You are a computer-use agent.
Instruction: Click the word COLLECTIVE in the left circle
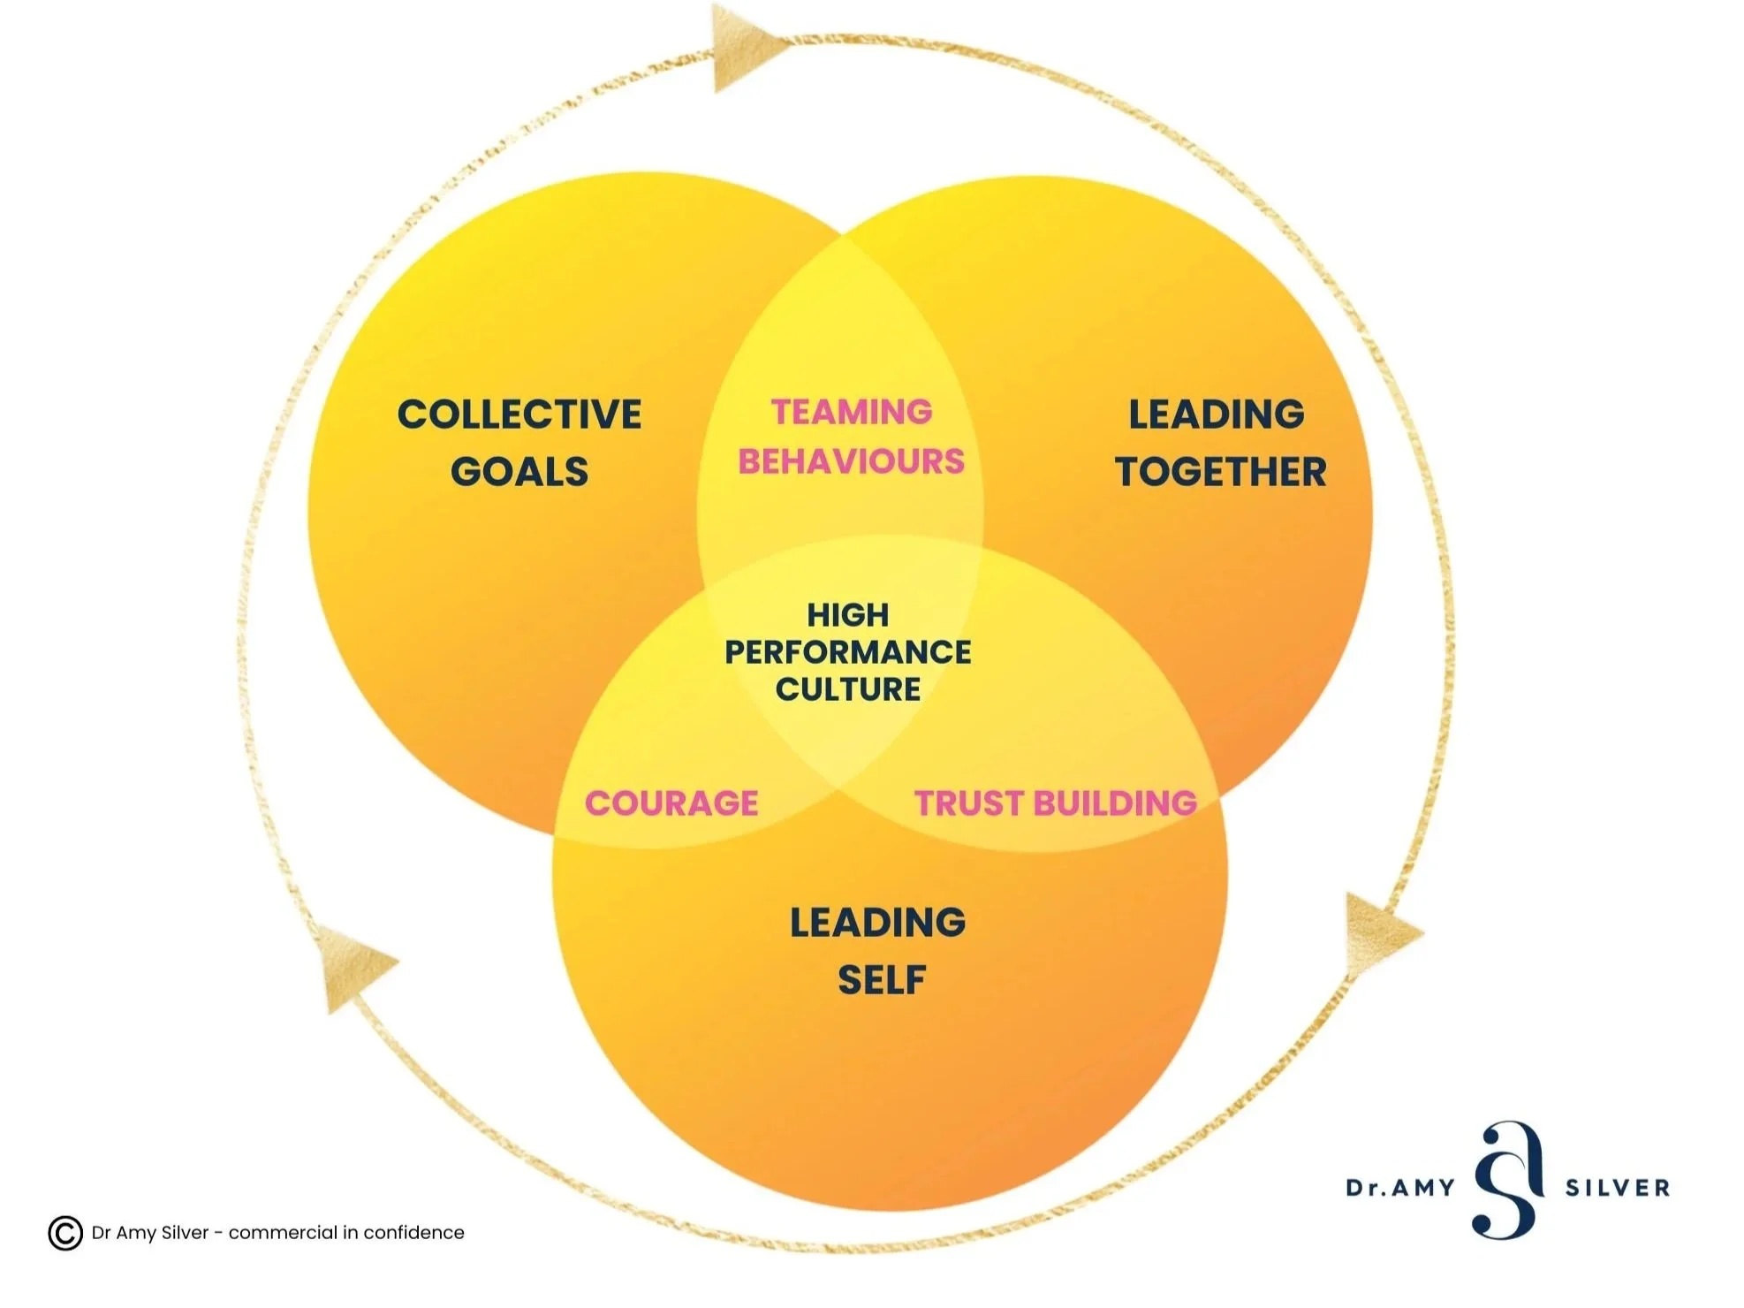(519, 414)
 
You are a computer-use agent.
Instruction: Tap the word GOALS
(519, 472)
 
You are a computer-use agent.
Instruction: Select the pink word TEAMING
(852, 412)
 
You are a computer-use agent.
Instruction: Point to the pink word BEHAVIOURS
(852, 461)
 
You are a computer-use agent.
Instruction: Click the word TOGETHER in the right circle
(1221, 472)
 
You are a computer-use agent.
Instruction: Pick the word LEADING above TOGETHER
(1217, 414)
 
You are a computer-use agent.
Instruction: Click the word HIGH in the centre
(848, 615)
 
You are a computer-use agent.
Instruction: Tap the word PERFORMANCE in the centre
(848, 652)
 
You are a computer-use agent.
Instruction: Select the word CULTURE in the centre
(848, 689)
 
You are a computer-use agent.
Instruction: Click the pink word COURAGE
(671, 803)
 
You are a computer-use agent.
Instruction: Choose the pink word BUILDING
(1115, 803)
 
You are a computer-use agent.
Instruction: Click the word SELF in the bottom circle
(881, 980)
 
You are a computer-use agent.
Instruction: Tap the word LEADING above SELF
(877, 923)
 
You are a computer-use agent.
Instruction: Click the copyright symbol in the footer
(65, 1233)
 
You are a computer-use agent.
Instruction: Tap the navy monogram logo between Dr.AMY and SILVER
(1509, 1180)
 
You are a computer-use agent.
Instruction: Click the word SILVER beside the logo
(1618, 1188)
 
